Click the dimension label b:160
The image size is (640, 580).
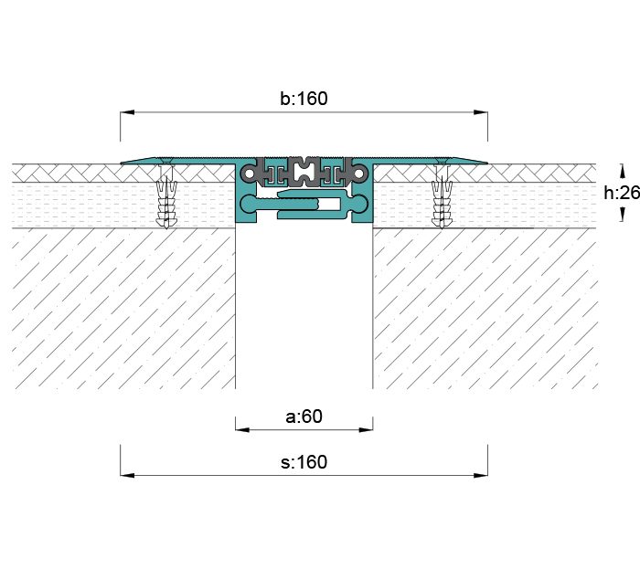[x=304, y=99]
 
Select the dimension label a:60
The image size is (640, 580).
[x=304, y=417]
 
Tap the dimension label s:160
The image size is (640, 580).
[x=304, y=462]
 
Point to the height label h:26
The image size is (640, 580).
[x=622, y=193]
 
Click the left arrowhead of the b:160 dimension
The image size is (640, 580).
[x=127, y=111]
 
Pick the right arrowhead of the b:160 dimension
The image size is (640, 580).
[x=481, y=111]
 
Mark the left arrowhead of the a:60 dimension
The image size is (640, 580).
[x=242, y=429]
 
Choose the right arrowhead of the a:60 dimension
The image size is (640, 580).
[x=366, y=429]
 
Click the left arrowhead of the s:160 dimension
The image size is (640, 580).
[x=127, y=475]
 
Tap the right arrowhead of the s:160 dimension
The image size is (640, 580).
[x=481, y=475]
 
